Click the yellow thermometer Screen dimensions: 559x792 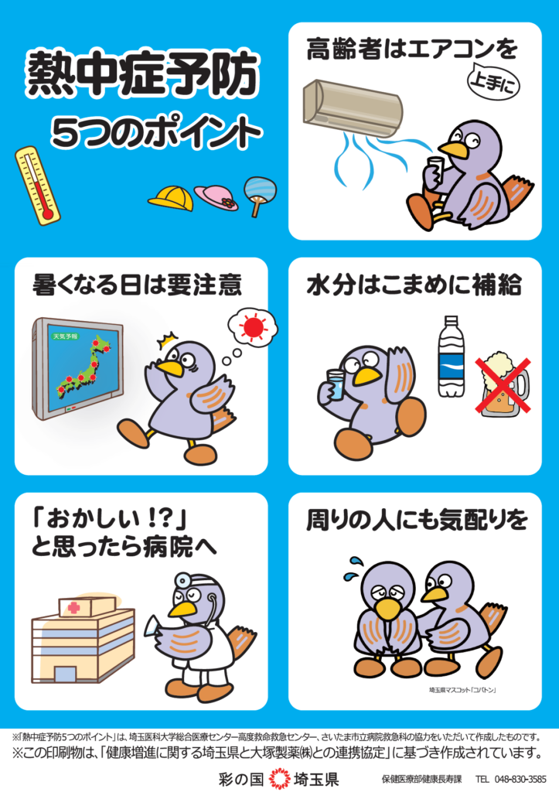click(37, 186)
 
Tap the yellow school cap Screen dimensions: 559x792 click(172, 198)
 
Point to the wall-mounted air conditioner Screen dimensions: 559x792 click(353, 108)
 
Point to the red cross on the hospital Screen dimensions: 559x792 click(74, 606)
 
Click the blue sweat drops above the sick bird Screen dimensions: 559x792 click(352, 568)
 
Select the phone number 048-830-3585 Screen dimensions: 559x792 click(520, 780)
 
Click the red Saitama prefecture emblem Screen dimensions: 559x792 click(279, 778)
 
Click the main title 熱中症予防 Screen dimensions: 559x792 click(142, 74)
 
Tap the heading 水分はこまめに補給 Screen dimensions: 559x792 click(414, 285)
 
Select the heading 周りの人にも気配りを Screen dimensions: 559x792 click(417, 521)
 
